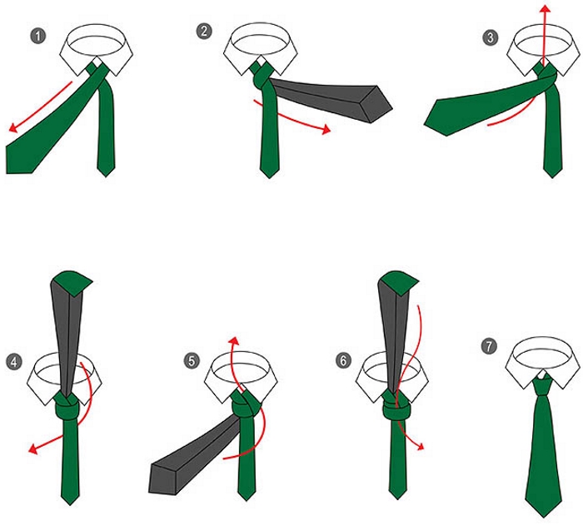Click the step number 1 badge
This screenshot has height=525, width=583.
[x=38, y=37]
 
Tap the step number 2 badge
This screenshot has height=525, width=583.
[x=204, y=31]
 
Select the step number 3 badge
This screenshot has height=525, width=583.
[x=490, y=37]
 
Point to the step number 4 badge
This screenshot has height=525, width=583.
[x=14, y=362]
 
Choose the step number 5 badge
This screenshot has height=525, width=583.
[x=192, y=361]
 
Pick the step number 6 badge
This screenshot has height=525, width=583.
[x=343, y=360]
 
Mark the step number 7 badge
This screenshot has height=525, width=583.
[x=489, y=346]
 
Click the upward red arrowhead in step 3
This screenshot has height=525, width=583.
[x=545, y=10]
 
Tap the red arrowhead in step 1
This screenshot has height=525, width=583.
[x=13, y=127]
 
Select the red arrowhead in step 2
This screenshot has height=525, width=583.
[x=326, y=129]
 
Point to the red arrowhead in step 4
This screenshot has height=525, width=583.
[x=33, y=448]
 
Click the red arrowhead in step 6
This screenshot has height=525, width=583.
[x=420, y=446]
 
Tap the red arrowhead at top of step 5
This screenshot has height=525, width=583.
[x=233, y=341]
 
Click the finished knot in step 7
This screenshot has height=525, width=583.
[x=543, y=386]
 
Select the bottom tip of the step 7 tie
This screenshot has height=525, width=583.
[x=544, y=517]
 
